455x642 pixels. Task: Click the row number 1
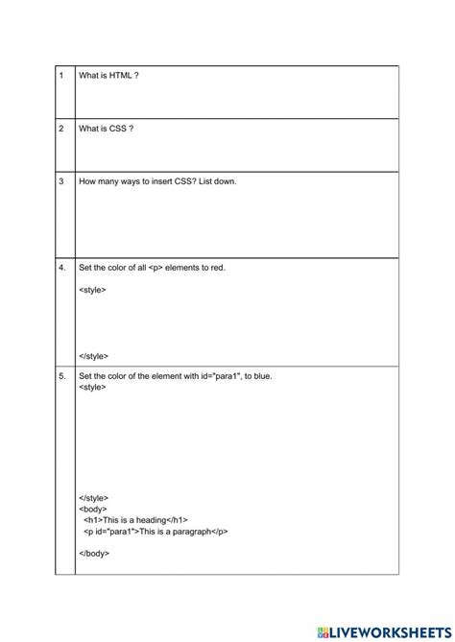point(60,75)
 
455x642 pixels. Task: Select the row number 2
point(60,129)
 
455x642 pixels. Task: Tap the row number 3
point(60,181)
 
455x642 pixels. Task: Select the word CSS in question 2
point(120,129)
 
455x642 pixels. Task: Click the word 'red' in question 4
point(215,268)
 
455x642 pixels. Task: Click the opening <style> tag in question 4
point(93,289)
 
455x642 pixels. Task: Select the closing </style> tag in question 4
point(94,355)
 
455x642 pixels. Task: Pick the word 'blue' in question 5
point(261,376)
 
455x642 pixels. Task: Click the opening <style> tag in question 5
point(93,388)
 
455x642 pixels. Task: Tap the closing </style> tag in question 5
point(94,498)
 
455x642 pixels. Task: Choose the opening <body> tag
point(93,509)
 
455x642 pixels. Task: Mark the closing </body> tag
point(94,553)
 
